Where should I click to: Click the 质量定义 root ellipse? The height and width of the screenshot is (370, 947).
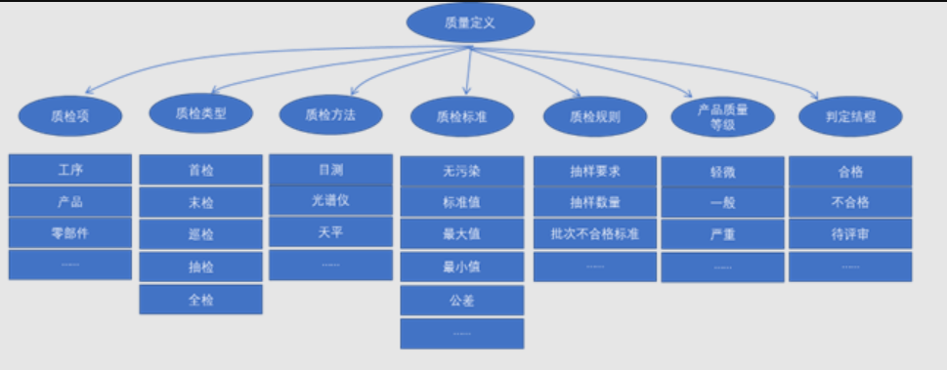pos(470,22)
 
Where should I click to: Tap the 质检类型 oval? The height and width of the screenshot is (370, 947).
pos(200,112)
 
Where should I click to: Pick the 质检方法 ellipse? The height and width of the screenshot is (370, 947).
pos(330,114)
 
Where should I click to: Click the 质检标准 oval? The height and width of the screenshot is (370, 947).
pos(462,116)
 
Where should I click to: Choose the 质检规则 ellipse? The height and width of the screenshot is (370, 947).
pos(594,116)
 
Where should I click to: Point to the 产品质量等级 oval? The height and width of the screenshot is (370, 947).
pos(722,116)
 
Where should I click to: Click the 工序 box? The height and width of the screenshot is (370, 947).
pos(70,170)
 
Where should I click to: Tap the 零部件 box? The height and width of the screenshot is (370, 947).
pos(70,233)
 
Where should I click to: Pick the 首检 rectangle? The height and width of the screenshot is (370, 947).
pos(201,170)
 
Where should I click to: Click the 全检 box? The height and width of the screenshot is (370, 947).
pos(201,299)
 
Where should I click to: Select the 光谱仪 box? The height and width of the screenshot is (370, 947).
pos(330,201)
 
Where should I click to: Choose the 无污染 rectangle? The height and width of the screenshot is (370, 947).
pos(462,171)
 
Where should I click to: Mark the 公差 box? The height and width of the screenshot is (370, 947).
pos(462,301)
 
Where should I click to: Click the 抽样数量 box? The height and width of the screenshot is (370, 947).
pos(595,202)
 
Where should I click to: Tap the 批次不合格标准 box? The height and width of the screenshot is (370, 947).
pos(595,233)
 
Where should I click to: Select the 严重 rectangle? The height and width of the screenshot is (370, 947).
pos(723,234)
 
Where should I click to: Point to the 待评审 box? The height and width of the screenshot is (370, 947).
pos(851,234)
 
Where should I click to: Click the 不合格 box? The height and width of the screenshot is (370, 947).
pos(851,202)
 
